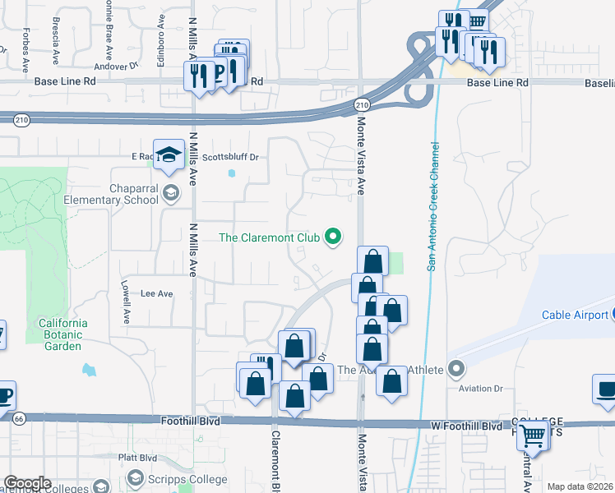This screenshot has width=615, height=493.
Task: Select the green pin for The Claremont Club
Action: coord(333,237)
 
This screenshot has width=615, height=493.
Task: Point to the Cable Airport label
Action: coord(573,315)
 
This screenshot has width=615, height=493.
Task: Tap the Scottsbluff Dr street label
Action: coord(230,157)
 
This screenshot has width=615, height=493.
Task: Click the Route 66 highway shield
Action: coord(18,418)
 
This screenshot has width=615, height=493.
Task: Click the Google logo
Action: coord(26,483)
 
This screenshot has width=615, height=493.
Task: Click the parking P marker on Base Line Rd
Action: coord(220,73)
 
